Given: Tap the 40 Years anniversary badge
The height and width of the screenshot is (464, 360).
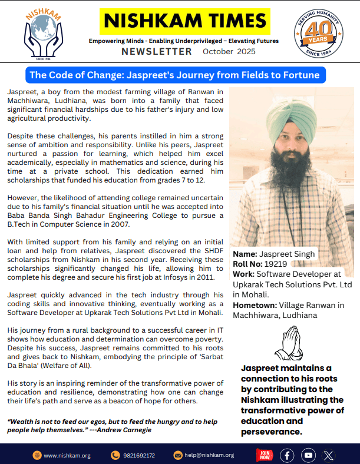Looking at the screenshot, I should (319, 33).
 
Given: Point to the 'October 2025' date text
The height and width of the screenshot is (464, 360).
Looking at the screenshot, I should (226, 52).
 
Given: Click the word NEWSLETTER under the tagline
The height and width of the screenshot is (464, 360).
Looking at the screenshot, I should (157, 52).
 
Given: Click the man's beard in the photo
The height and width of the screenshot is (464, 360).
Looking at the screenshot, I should (287, 170).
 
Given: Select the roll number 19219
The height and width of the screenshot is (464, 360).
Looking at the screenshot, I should (275, 264).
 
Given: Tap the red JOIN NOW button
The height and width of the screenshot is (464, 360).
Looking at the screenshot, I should (265, 455).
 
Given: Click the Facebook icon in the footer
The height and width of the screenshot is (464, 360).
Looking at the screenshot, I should (287, 455).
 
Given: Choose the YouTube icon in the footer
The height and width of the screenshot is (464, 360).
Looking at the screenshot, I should (308, 455).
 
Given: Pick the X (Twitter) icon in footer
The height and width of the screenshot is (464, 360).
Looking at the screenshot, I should (329, 455).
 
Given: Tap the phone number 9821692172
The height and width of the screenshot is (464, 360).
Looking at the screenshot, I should (138, 455).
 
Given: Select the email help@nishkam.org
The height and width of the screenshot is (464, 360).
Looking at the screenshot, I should (209, 455).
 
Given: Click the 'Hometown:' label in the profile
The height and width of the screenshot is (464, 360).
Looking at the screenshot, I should (254, 305).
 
